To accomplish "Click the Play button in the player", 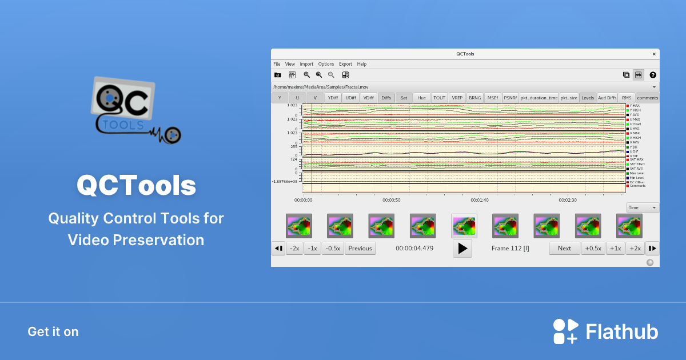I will [462, 249].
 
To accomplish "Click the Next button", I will [564, 248].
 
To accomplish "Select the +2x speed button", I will [635, 248].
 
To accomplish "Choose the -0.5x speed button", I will [333, 248].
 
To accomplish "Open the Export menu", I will [345, 64].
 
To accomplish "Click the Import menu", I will [306, 64].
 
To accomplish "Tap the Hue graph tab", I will [421, 98].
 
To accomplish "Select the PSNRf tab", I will [510, 98].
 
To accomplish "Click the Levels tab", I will [588, 98].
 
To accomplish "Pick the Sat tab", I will [404, 98].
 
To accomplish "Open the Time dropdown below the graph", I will [643, 208].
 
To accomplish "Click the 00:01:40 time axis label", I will [479, 200].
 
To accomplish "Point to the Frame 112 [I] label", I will [510, 248].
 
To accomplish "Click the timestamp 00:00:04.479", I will [414, 248].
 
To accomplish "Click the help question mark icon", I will [653, 75].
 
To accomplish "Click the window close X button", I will [654, 54].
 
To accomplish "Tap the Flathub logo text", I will [622, 332].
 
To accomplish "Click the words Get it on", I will [53, 332].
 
